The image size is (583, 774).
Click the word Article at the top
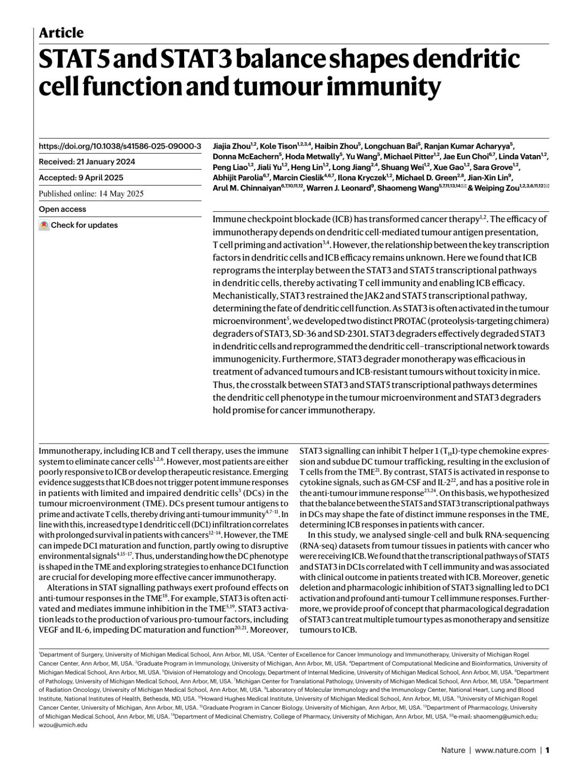point(61,33)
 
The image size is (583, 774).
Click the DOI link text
point(120,146)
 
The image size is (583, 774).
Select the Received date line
point(87,162)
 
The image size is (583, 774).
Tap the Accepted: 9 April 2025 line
point(81,177)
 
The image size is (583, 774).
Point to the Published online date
point(91,193)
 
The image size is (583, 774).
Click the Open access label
point(62,209)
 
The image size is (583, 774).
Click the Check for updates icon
point(44,225)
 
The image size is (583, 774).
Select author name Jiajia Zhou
point(231,146)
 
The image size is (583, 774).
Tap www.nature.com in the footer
point(505,750)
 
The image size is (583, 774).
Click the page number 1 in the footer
point(548,750)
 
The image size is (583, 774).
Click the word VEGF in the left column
point(49,630)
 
